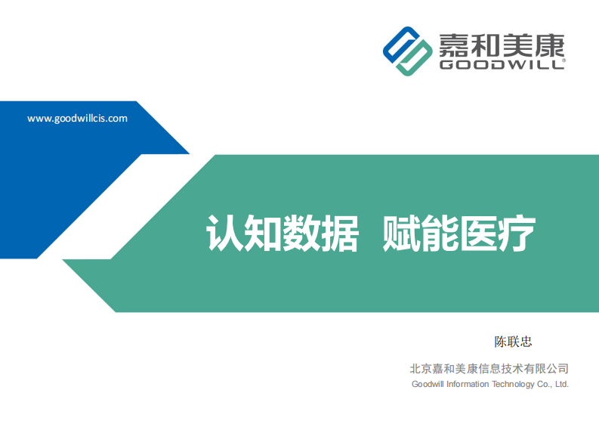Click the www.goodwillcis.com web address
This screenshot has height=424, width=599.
point(77,119)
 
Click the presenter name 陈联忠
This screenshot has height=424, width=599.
point(513,342)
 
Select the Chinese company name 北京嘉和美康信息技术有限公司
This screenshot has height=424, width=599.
point(489,369)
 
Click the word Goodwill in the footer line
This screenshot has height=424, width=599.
point(428,384)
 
